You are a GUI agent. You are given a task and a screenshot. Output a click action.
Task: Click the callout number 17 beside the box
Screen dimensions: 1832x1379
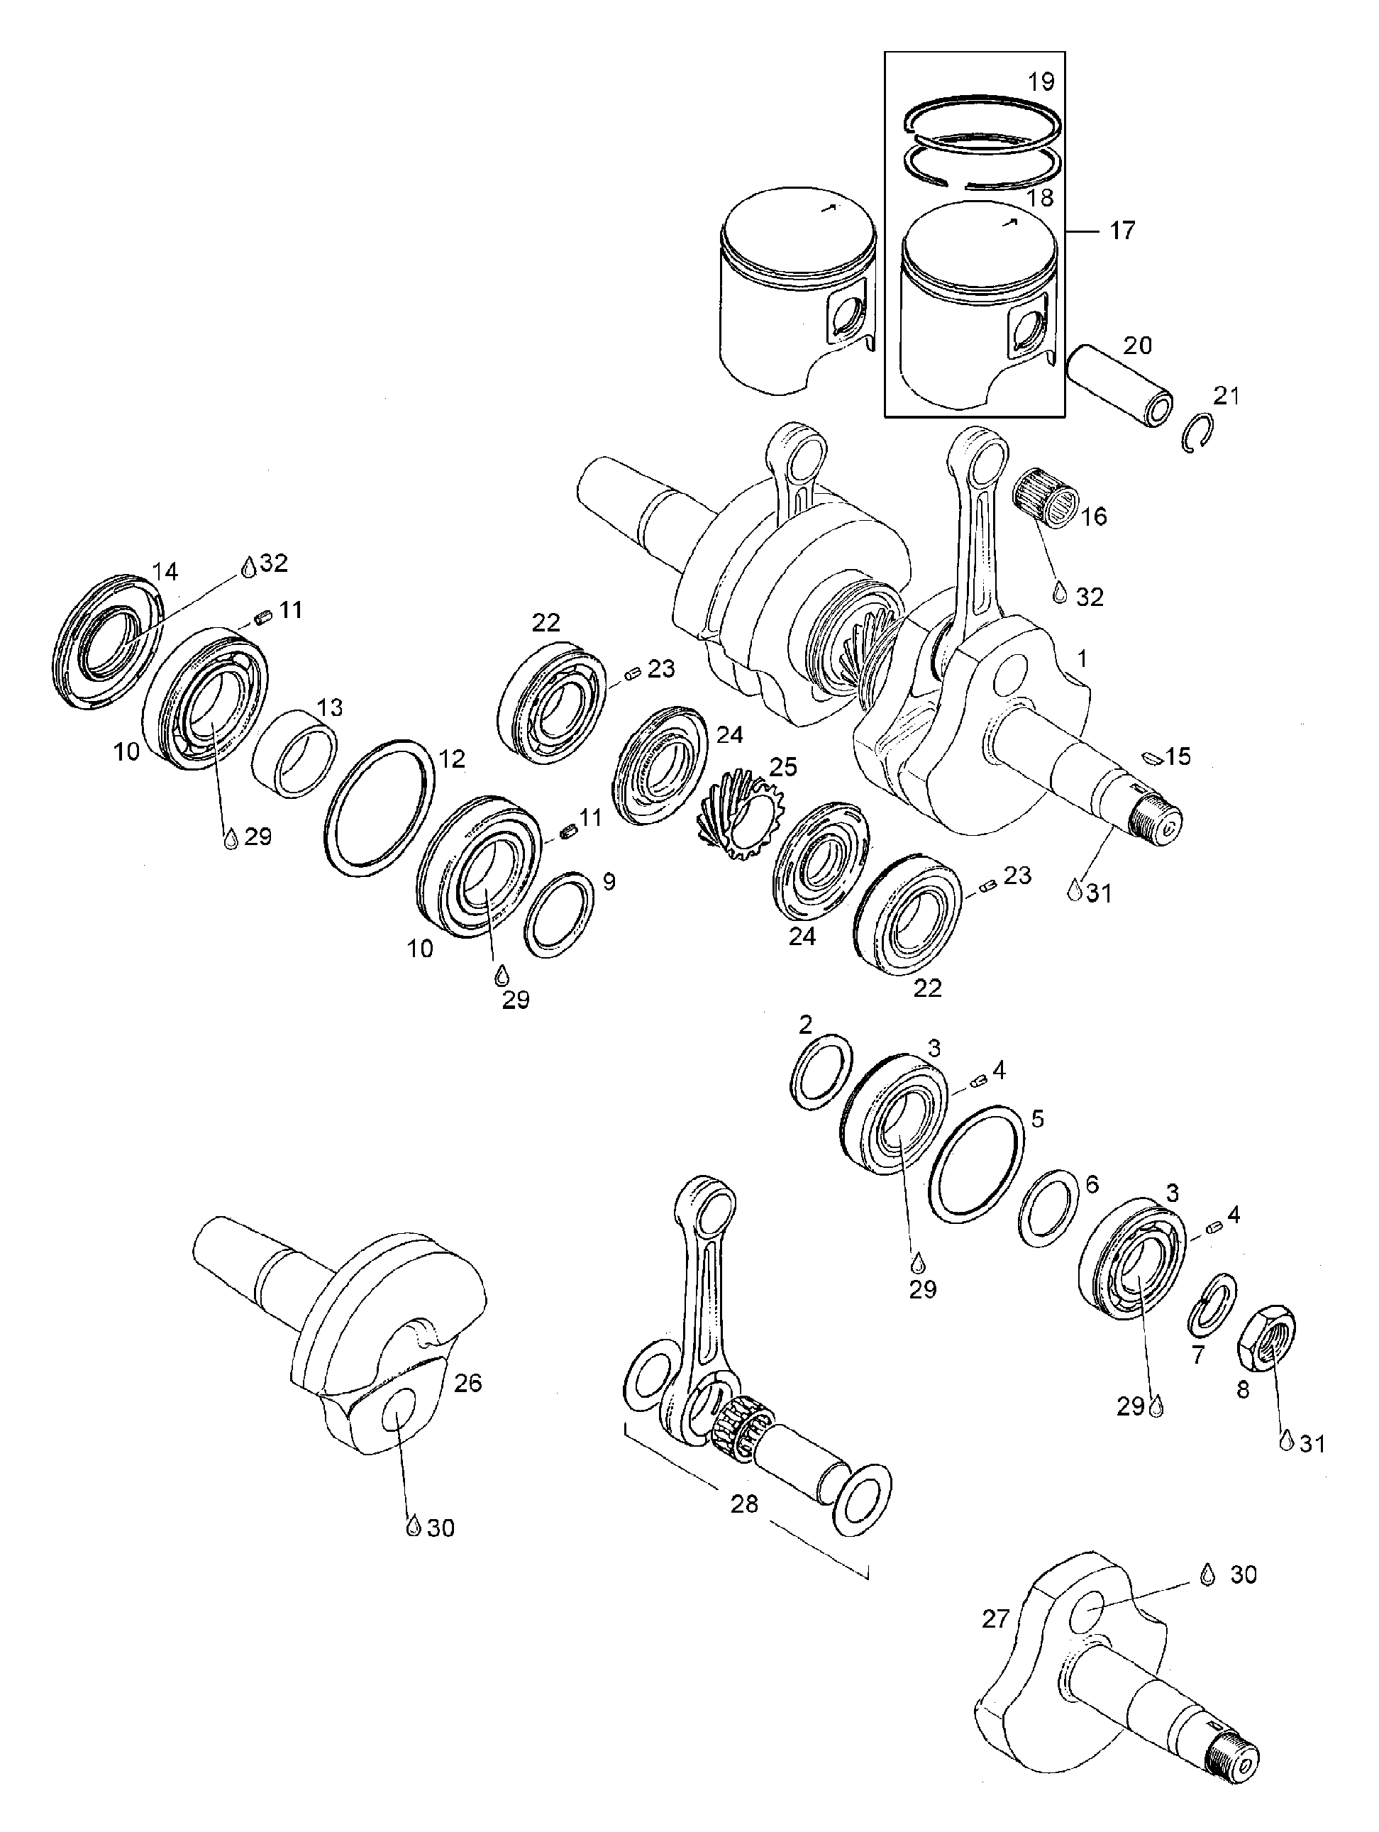pyautogui.click(x=1122, y=231)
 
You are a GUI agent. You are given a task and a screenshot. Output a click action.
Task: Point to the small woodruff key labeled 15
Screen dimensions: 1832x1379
pyautogui.click(x=1151, y=756)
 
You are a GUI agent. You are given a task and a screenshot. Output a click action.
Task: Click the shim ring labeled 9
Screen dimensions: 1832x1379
pyautogui.click(x=558, y=915)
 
